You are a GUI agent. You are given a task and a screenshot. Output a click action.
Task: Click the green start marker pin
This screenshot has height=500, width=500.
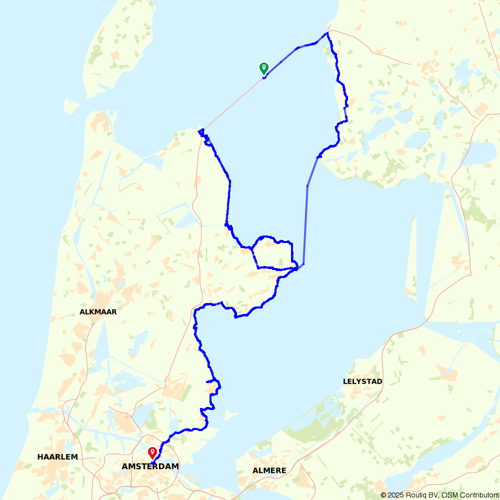[x=263, y=67]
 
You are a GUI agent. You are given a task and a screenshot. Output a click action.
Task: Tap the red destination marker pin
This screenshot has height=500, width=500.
[x=152, y=452]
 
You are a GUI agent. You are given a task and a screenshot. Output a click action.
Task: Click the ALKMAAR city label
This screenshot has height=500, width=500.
[x=98, y=312]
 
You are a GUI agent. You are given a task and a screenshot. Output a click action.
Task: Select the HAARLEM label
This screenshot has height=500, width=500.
[x=57, y=457]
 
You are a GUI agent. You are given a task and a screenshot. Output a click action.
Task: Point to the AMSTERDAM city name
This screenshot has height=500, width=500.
[x=150, y=466]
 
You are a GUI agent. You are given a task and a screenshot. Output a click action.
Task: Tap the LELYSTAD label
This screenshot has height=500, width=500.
[x=362, y=381]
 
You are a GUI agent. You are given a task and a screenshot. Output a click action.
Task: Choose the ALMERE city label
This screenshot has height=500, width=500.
[x=269, y=470]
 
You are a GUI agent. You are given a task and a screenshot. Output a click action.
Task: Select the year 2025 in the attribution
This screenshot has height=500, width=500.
[x=396, y=495]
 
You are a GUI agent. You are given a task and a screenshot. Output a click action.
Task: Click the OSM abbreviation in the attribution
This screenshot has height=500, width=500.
[x=450, y=495]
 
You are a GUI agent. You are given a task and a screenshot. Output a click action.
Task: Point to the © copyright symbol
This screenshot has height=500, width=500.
[x=383, y=495]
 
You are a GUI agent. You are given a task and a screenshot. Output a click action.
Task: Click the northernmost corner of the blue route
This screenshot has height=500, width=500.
[x=327, y=33]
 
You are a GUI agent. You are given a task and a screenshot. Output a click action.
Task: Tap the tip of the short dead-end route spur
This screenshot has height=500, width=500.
[x=206, y=381]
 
